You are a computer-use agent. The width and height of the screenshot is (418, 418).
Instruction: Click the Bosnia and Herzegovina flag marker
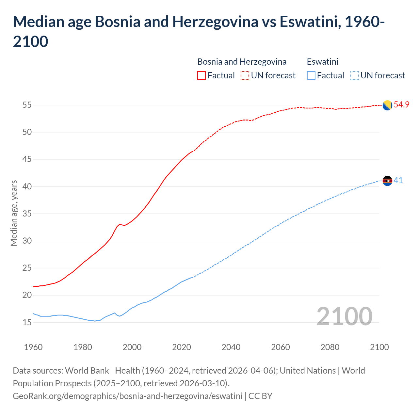click(x=387, y=105)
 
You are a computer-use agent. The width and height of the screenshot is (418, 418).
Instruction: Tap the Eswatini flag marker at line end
click(x=387, y=181)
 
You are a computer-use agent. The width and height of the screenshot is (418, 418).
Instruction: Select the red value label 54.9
click(x=401, y=105)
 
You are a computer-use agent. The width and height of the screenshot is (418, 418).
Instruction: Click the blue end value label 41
click(x=398, y=181)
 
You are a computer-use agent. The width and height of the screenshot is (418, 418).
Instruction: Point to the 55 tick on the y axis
click(x=27, y=105)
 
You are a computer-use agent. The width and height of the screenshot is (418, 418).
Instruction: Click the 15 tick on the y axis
click(x=27, y=322)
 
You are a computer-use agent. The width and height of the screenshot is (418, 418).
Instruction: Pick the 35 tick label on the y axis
click(x=27, y=214)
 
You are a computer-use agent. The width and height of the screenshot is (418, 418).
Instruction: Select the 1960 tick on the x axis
click(x=33, y=347)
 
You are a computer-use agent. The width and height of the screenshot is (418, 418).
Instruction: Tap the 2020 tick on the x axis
click(x=182, y=347)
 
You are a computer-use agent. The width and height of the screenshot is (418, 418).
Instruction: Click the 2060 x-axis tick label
click(x=281, y=347)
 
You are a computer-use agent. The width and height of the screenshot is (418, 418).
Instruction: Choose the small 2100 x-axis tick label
click(x=379, y=347)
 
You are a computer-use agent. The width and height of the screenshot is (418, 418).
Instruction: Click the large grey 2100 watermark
click(x=344, y=316)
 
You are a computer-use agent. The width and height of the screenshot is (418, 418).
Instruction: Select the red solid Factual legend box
click(x=201, y=75)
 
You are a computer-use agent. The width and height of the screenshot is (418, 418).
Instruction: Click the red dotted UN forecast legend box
click(x=245, y=75)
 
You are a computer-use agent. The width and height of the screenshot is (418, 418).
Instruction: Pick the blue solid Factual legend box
click(x=311, y=75)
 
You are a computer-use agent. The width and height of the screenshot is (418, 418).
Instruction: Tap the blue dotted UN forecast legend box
click(x=354, y=75)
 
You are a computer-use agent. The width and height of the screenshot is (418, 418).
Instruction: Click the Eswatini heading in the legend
click(x=323, y=62)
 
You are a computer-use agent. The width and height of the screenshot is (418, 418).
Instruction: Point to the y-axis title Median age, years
click(x=14, y=213)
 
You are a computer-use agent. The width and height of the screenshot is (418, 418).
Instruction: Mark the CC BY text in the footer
click(x=260, y=396)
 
